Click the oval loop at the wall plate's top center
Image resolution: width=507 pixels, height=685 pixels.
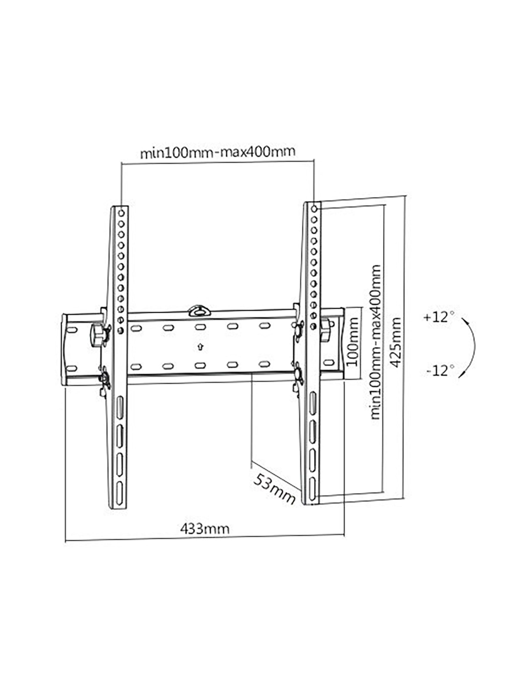pos(199,311)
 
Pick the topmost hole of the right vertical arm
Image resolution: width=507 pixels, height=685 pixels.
pos(314,209)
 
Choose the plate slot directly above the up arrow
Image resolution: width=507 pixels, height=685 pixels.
pos(200,327)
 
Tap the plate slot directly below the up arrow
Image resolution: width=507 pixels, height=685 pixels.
pos(200,365)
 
